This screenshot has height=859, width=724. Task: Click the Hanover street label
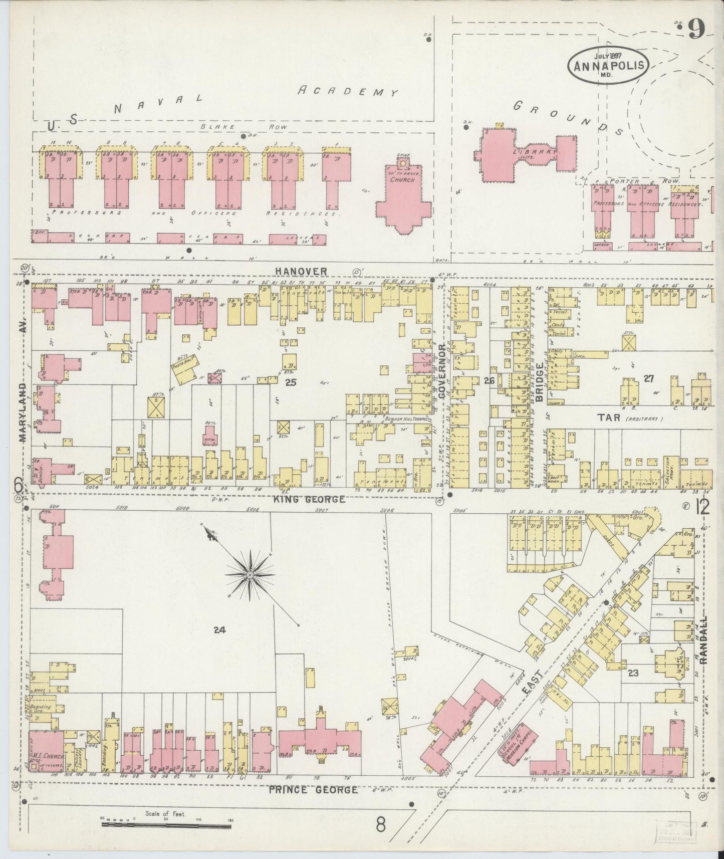pos(301,271)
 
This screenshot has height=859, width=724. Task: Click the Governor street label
pos(442,371)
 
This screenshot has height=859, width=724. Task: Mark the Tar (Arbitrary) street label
pos(621,418)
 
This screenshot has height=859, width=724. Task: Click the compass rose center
pos(249,574)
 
